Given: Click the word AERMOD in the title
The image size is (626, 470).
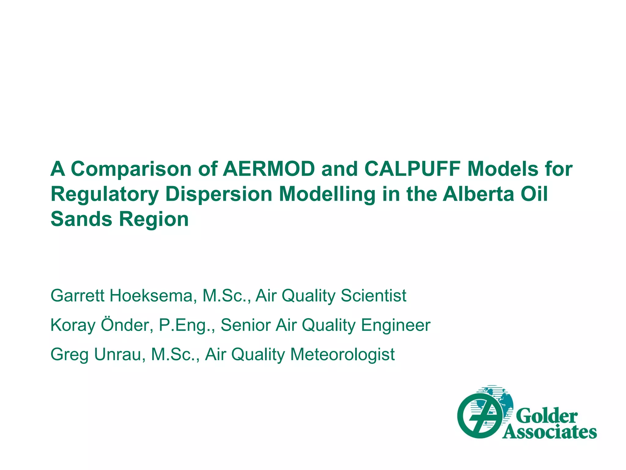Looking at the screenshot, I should (268, 169).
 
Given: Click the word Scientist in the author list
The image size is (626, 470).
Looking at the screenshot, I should (373, 296).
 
